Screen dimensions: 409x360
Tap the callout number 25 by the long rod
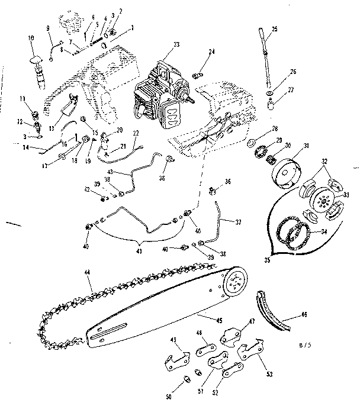(274, 29)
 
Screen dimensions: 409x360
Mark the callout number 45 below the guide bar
(219, 320)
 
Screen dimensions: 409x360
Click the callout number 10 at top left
(31, 38)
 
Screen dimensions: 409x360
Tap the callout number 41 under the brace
(140, 251)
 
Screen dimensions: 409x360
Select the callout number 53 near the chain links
(270, 375)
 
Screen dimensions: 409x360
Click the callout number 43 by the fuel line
(111, 172)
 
